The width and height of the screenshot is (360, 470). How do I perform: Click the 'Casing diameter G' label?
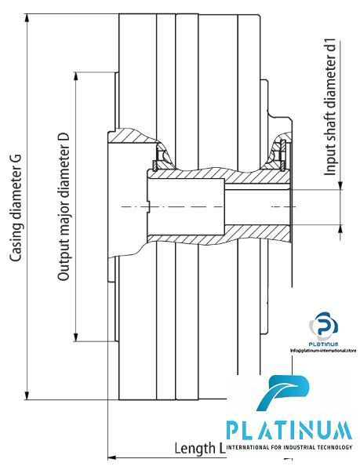tap(16, 207)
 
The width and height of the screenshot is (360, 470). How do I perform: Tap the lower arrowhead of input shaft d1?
tap(341, 228)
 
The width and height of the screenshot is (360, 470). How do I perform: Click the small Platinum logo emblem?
tap(322, 323)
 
